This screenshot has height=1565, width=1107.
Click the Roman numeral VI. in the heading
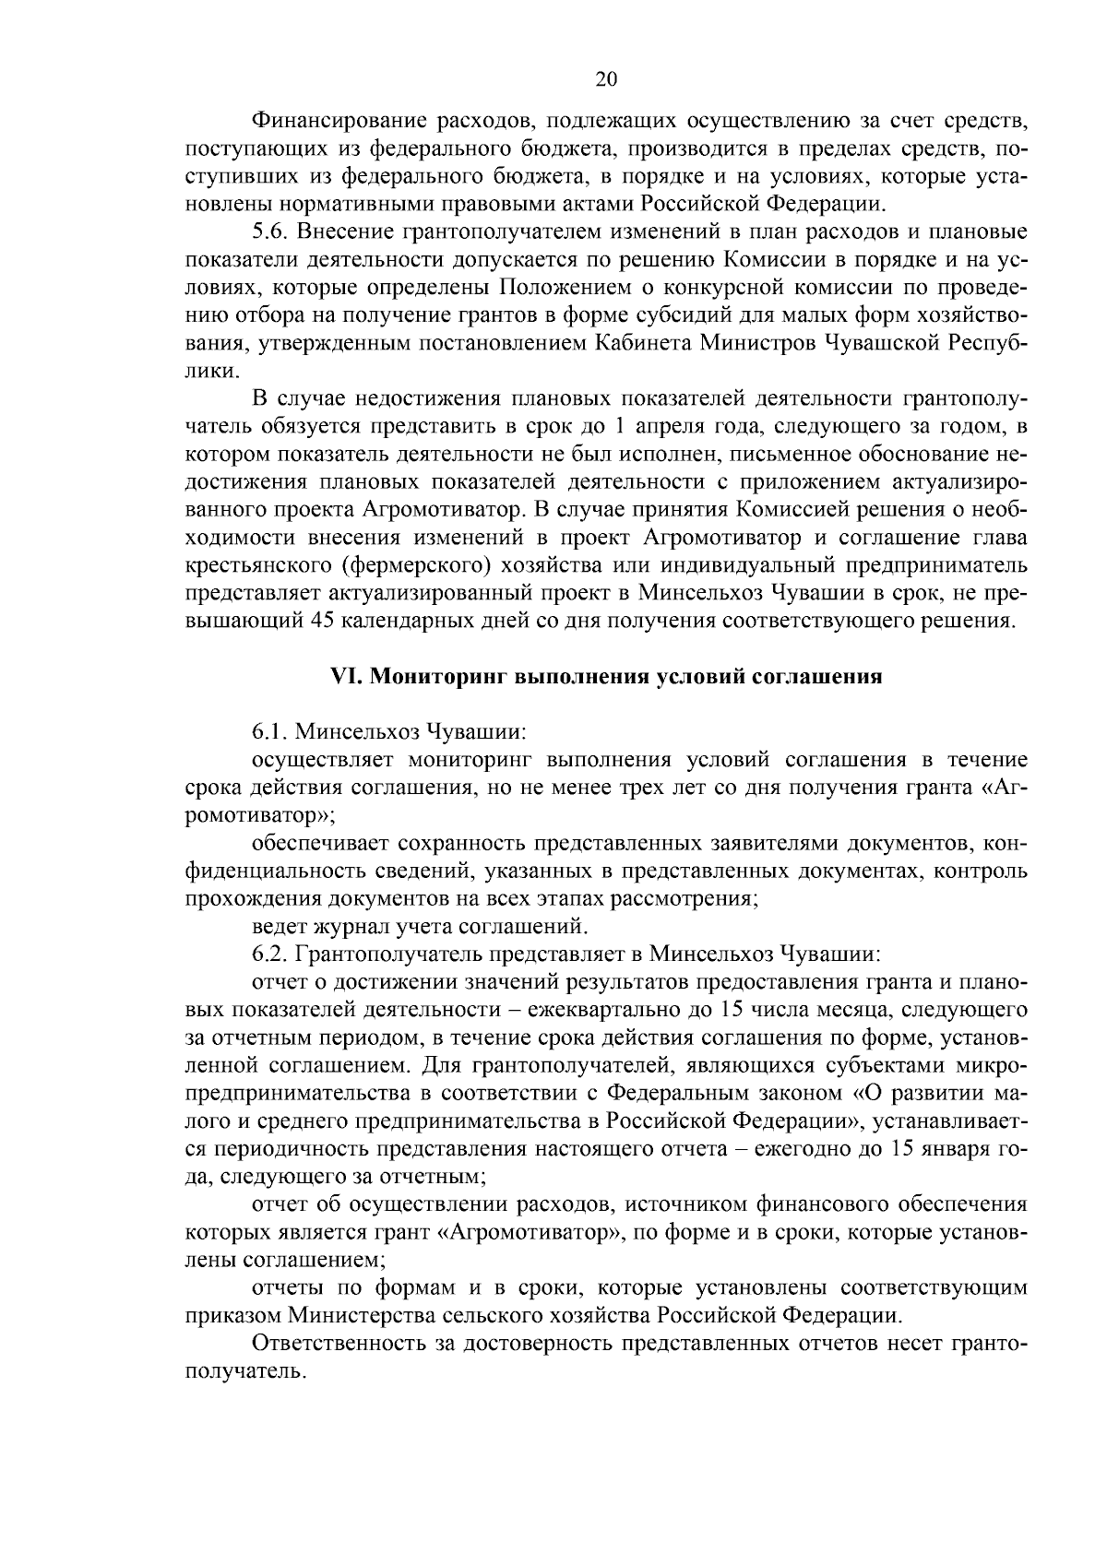pos(347,677)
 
